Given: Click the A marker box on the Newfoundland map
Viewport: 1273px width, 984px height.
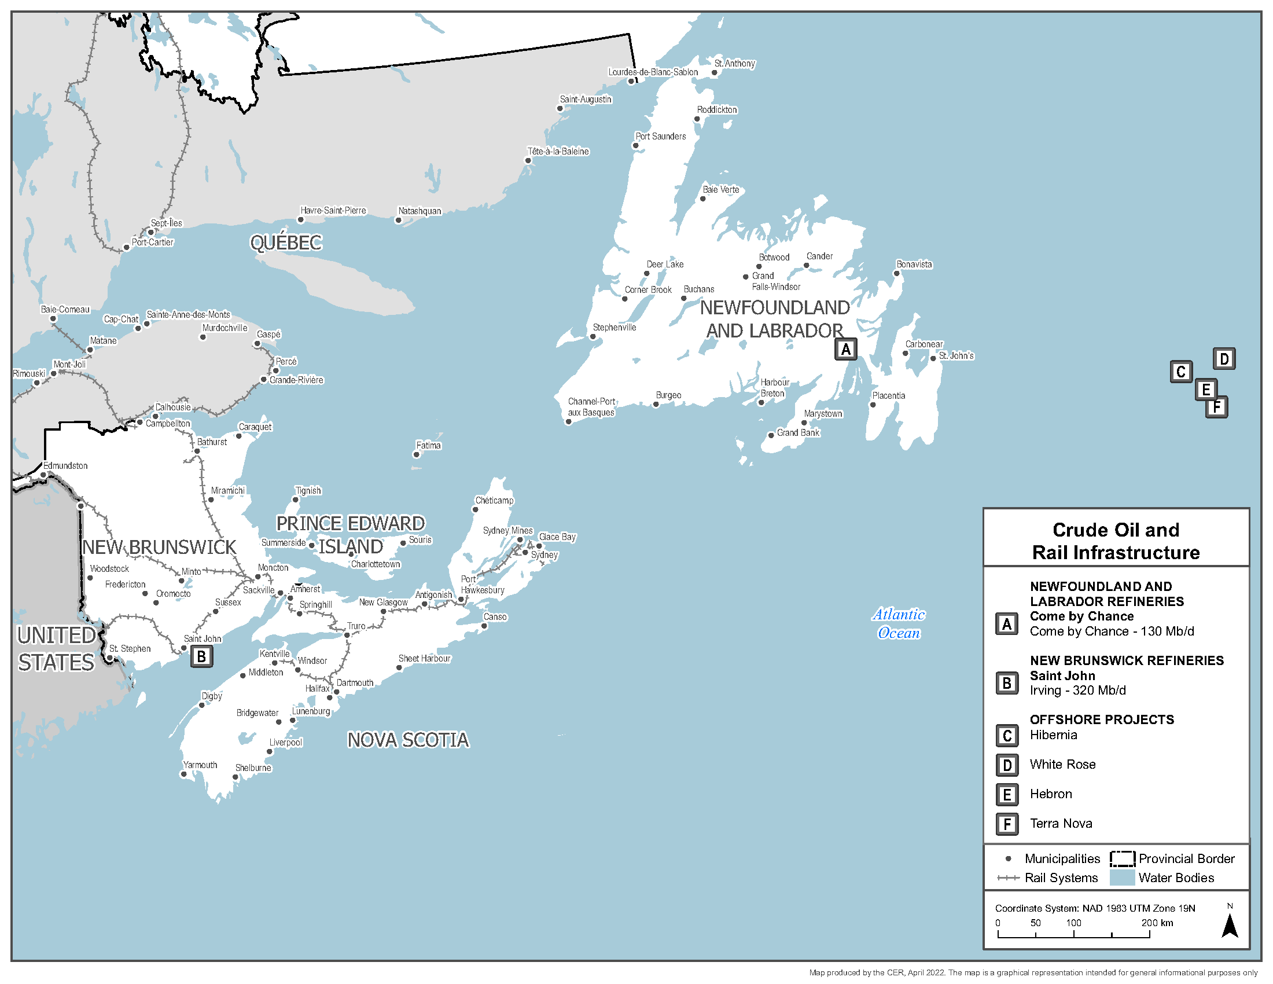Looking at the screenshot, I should coord(845,350).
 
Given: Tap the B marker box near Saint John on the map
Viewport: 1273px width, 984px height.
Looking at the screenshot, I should coord(202,657).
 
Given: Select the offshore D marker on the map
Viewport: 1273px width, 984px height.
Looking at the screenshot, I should coord(1224,359).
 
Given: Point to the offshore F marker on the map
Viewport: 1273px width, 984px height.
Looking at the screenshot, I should coord(1216,407).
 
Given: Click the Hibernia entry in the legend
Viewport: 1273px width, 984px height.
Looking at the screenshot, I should coord(1053,735).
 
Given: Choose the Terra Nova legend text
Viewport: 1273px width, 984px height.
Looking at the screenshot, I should coord(1060,824).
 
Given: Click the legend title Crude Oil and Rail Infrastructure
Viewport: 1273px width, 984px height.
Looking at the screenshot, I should coord(1116,541).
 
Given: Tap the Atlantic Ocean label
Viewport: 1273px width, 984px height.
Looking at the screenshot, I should coord(898,624).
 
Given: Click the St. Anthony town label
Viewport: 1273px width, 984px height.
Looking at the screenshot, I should coord(734,64).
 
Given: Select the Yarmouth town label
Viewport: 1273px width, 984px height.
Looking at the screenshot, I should coord(200,765).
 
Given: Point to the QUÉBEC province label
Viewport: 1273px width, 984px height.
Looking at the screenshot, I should coord(286,243).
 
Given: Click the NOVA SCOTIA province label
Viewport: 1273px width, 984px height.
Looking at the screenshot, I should coord(407,740).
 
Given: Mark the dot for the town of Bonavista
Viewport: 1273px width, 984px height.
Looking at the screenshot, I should coord(897,273).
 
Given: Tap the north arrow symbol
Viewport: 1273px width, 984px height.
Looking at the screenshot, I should coord(1230,926).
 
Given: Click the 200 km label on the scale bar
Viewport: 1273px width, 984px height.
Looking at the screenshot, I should coord(1157,923).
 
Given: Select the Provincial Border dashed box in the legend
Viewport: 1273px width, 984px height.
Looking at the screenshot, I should coord(1122,859).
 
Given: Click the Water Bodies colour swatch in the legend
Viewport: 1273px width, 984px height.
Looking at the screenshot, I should coord(1122,879).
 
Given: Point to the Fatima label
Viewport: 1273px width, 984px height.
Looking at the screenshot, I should coord(428,445).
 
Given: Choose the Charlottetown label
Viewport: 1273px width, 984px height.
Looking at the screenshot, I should coord(376,564).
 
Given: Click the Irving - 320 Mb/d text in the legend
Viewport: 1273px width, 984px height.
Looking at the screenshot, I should coord(1077,691).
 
